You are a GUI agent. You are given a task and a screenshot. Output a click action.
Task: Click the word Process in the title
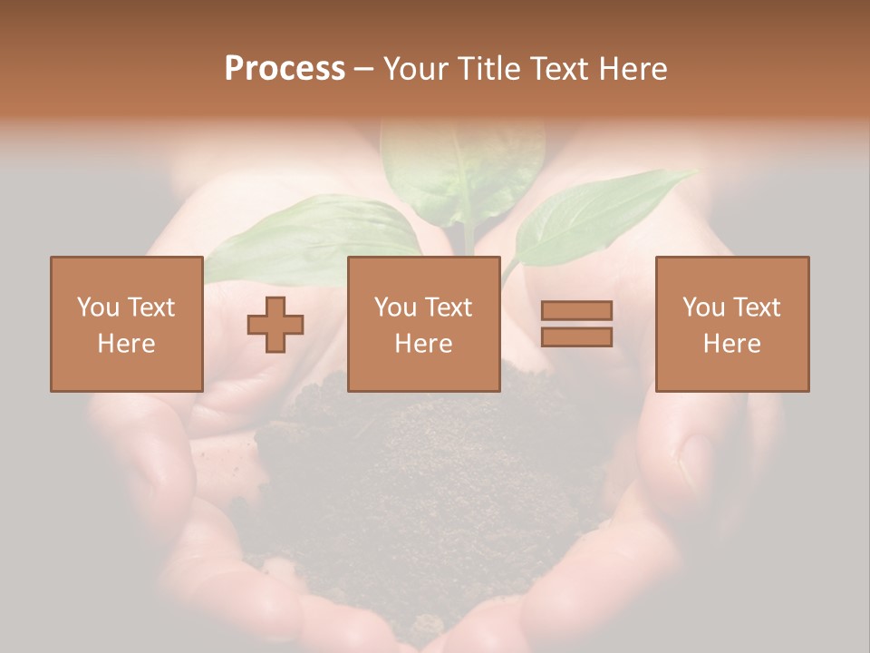[x=285, y=69]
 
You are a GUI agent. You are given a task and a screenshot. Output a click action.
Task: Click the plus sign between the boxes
[x=275, y=325]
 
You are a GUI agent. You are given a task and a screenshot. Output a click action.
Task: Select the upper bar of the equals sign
[x=576, y=310]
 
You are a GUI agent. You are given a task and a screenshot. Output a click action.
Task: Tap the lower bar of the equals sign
[x=576, y=337]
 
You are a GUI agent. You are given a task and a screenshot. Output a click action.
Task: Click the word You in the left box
[x=97, y=307]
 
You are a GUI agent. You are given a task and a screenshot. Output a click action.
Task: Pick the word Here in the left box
[x=126, y=344]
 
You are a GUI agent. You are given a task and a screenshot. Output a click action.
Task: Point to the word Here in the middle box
[x=423, y=344]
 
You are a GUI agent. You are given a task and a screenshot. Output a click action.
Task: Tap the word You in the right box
[x=703, y=307]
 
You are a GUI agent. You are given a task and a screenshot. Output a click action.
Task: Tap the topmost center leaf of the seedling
[x=462, y=163]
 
